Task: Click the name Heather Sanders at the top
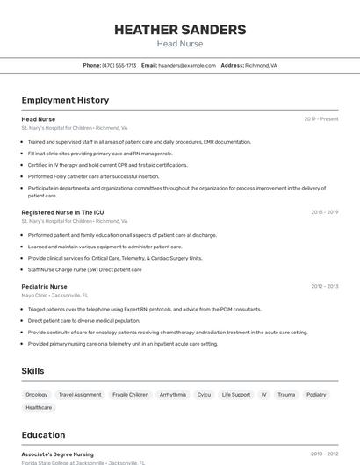[180, 30]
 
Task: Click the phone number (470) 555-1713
[119, 65]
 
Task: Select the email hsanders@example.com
[187, 65]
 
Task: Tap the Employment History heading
[65, 100]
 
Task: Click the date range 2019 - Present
[321, 118]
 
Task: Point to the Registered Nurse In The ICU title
[62, 212]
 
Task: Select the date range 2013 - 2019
[324, 212]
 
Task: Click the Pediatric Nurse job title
[44, 286]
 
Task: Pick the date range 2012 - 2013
[324, 286]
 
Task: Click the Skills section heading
[33, 371]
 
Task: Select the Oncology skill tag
[37, 395]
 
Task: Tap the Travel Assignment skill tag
[80, 395]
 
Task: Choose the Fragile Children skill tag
[131, 395]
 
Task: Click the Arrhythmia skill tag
[173, 395]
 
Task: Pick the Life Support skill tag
[236, 395]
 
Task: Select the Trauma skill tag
[286, 395]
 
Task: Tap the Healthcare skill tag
[39, 408]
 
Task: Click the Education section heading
[43, 435]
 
